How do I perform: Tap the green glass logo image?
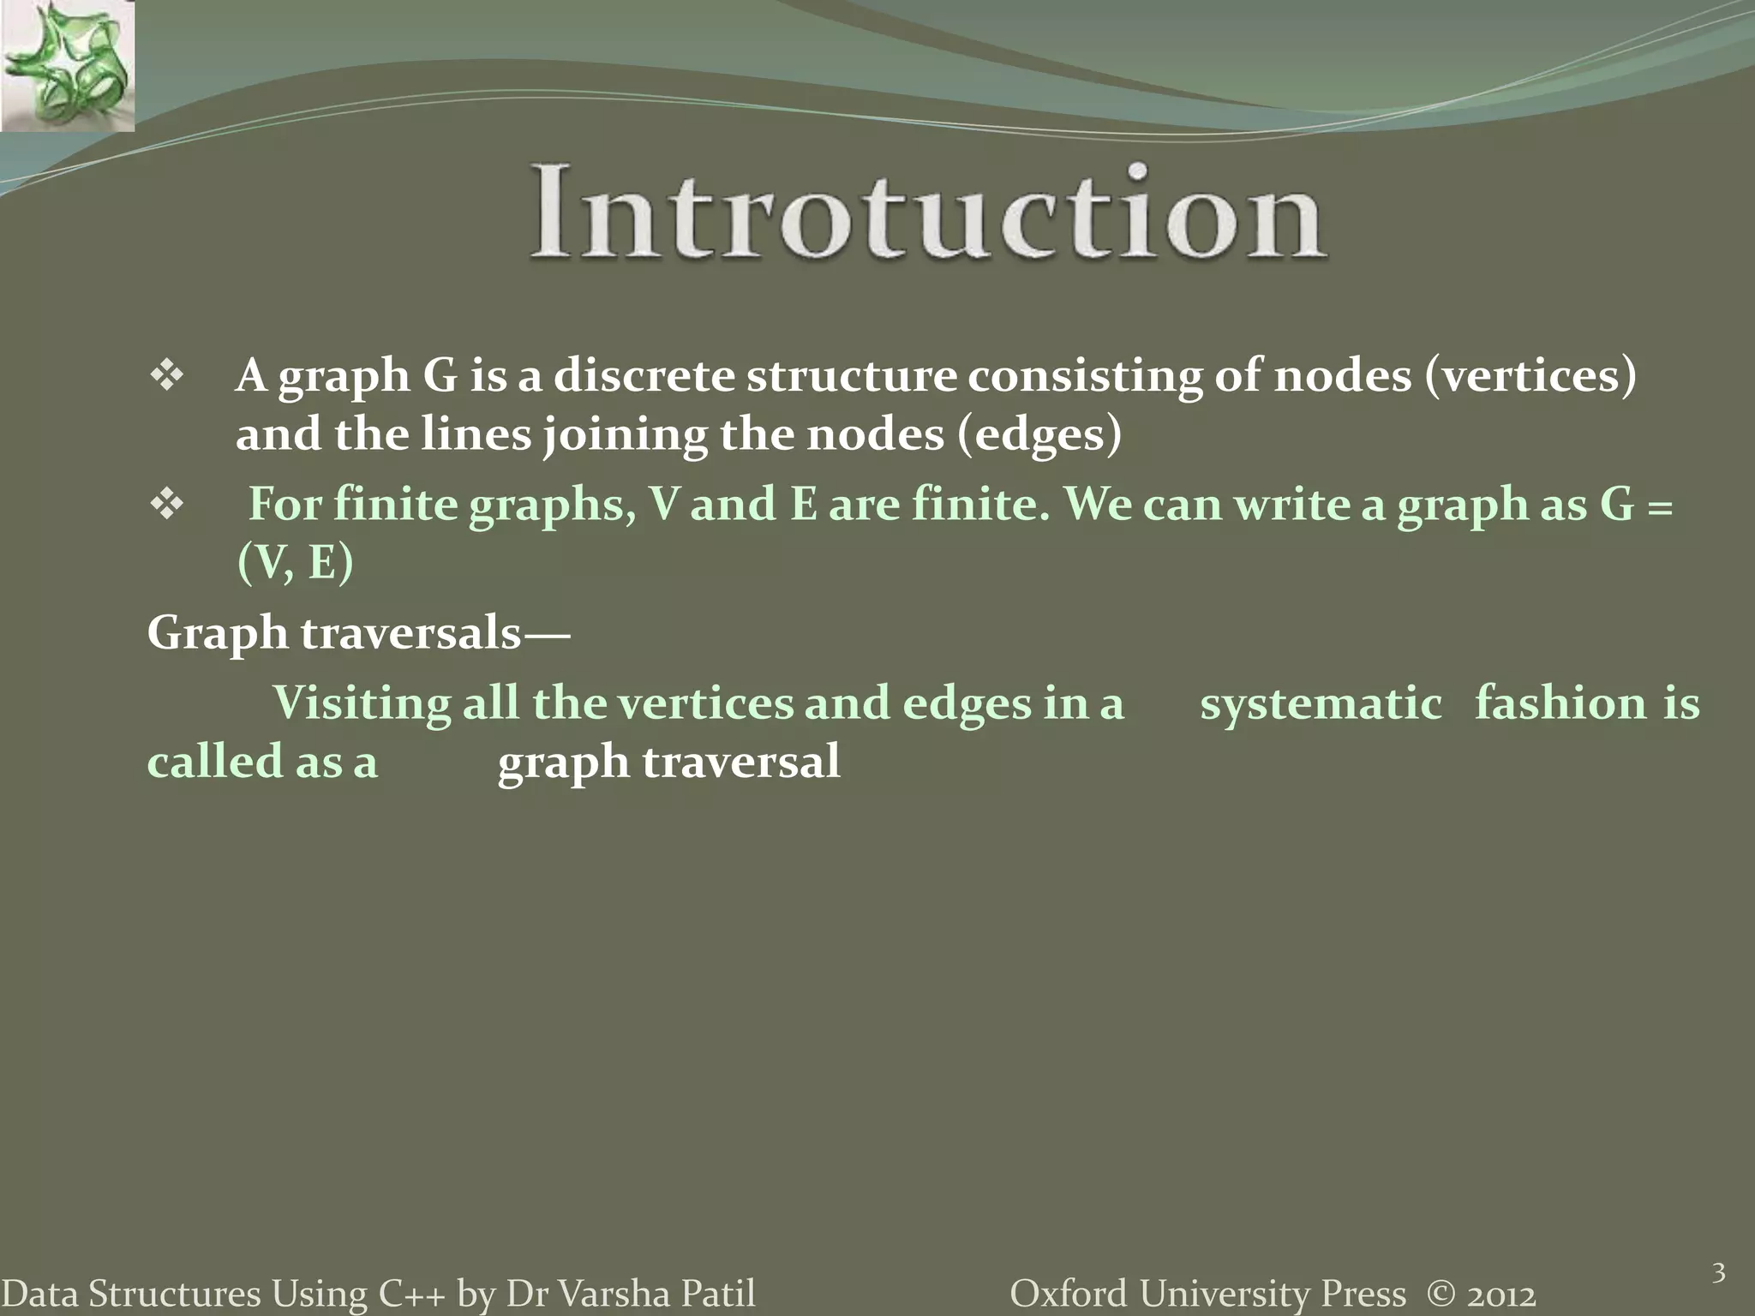click(67, 66)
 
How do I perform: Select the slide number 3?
click(1718, 1273)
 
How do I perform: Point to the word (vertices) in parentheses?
click(1530, 377)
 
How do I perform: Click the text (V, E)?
click(295, 564)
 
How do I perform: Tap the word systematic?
click(1321, 704)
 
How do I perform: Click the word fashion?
click(1560, 704)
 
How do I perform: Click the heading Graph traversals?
click(357, 635)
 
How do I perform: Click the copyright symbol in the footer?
click(1441, 1294)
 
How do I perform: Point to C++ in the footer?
click(411, 1294)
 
